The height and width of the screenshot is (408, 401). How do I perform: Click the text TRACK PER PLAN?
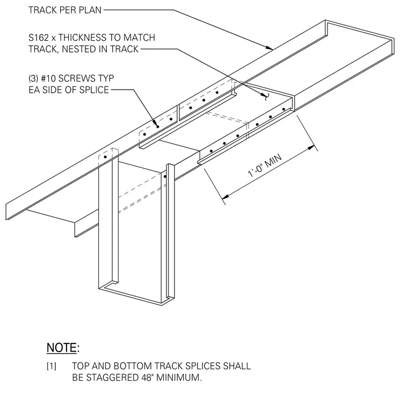click(x=65, y=10)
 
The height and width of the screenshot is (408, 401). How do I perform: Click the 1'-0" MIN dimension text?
click(x=265, y=165)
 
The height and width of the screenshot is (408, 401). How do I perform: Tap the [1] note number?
click(x=51, y=366)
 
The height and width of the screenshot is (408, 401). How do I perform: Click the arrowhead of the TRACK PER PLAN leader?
click(x=269, y=48)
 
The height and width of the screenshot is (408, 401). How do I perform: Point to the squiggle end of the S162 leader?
click(x=265, y=97)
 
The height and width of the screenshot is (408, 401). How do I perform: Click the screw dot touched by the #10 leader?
click(x=158, y=127)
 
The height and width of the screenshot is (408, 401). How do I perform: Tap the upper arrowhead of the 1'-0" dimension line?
click(x=311, y=148)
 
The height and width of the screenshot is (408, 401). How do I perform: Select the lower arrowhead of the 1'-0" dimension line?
click(x=225, y=196)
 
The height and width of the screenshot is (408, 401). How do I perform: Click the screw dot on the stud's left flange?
click(x=105, y=157)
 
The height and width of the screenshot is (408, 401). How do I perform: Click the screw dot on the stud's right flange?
click(x=165, y=177)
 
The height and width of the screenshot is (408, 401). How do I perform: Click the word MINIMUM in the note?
click(x=178, y=377)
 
